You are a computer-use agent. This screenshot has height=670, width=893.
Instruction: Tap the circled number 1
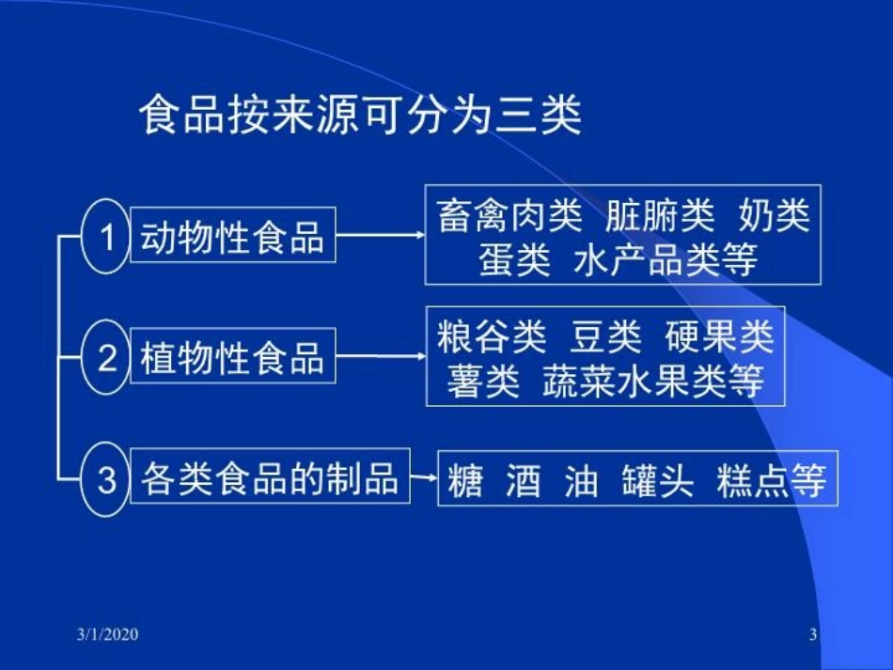[x=106, y=236]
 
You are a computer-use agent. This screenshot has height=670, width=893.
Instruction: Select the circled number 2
[x=106, y=357]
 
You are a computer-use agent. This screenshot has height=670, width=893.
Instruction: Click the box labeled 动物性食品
[x=232, y=236]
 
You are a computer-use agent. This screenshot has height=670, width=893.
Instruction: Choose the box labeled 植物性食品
[x=232, y=357]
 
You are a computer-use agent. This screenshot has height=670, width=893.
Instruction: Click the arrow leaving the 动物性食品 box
[x=380, y=235]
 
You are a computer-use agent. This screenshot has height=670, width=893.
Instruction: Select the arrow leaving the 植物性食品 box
[x=380, y=356]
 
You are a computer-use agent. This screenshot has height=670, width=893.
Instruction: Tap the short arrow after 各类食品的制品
[x=424, y=478]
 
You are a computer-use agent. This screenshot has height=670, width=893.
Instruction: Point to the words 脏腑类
[x=660, y=217]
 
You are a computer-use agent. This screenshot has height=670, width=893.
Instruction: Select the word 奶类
[x=774, y=217]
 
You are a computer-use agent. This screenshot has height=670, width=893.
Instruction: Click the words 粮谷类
[x=490, y=336]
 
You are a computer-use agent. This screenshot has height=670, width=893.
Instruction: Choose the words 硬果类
[x=720, y=336]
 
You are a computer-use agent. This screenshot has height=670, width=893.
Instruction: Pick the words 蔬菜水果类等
[x=652, y=382]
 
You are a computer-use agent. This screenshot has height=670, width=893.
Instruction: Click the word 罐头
[x=657, y=480]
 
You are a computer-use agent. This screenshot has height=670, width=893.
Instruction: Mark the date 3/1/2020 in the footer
[x=107, y=635]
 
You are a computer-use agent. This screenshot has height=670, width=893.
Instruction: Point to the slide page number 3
[x=813, y=635]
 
